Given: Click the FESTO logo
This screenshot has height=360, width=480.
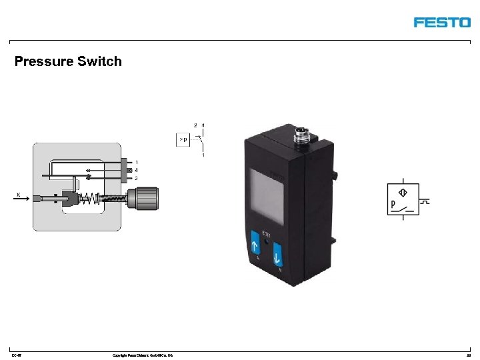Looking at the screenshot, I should click(x=441, y=22).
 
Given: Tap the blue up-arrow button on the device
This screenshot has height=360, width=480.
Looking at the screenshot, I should click(x=255, y=243).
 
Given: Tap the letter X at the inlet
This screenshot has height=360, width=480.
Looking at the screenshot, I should click(x=18, y=194).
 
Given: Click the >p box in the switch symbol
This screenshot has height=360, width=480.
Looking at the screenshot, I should click(x=183, y=139).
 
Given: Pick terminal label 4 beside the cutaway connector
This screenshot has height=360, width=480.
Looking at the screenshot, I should click(x=136, y=170).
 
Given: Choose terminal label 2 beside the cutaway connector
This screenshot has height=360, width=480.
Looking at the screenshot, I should click(x=136, y=178).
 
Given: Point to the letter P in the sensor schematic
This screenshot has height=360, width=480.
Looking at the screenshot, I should click(x=393, y=202).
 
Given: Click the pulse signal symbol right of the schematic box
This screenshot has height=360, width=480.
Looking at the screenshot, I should click(x=426, y=201).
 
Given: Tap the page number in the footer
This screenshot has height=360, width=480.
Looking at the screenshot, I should click(x=469, y=355).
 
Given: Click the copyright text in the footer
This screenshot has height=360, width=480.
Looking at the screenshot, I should click(x=143, y=355).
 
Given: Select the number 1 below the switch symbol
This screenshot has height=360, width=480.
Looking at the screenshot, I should click(x=203, y=155).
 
